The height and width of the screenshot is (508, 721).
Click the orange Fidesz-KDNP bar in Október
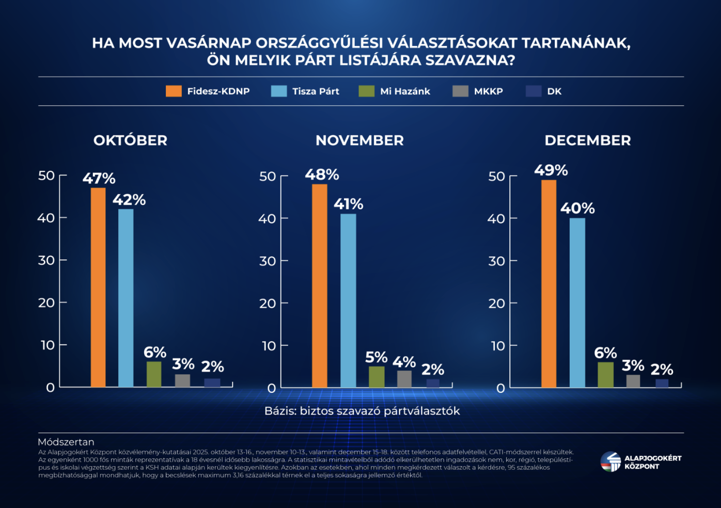pyautogui.click(x=98, y=287)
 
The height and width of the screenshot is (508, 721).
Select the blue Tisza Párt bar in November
pyautogui.click(x=348, y=300)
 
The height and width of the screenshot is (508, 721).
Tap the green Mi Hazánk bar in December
pyautogui.click(x=605, y=375)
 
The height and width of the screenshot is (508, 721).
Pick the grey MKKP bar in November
pyautogui.click(x=404, y=379)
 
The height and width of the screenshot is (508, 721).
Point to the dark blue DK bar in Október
pyautogui.click(x=212, y=383)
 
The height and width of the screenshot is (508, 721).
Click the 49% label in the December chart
pyautogui.click(x=551, y=170)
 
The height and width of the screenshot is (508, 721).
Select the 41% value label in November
pyautogui.click(x=348, y=204)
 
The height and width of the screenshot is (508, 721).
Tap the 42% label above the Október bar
pyautogui.click(x=129, y=200)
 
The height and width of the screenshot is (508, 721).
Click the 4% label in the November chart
pyautogui.click(x=404, y=362)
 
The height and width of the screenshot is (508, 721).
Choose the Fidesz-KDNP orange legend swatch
pyautogui.click(x=174, y=91)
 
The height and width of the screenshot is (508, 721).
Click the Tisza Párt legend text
pyautogui.click(x=316, y=91)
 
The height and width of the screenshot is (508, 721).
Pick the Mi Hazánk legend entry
pyautogui.click(x=405, y=91)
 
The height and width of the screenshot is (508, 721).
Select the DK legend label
pyautogui.click(x=554, y=91)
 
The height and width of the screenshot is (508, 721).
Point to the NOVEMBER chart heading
pyautogui.click(x=359, y=140)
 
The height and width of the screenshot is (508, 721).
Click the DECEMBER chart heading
pyautogui.click(x=588, y=140)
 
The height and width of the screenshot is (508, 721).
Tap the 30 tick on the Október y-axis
pyautogui.click(x=46, y=260)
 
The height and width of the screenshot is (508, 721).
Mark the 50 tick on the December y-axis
pyautogui.click(x=497, y=176)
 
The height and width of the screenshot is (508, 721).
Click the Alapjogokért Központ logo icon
pyautogui.click(x=610, y=462)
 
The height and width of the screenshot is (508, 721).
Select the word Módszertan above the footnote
pyautogui.click(x=66, y=442)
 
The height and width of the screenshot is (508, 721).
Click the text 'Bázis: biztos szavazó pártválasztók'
pyautogui.click(x=362, y=411)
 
